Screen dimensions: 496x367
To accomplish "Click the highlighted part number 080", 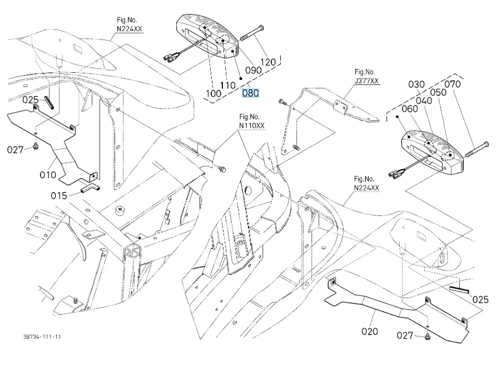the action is point(250,93).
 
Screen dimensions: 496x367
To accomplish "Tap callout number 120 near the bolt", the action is point(268,62).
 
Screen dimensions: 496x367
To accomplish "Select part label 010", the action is point(48,175).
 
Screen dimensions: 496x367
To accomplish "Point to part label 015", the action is point(59,196).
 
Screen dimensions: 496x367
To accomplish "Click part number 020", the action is point(370,331).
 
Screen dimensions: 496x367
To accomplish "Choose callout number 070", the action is point(452,84).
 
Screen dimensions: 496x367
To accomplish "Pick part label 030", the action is point(416,84).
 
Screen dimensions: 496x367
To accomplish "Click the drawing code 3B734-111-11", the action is point(42,336).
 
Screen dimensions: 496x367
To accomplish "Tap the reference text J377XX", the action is point(366,81).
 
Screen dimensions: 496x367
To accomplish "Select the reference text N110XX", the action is point(252,125).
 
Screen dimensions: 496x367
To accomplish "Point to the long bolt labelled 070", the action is point(477,149).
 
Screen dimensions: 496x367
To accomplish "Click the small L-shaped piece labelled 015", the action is point(91,188).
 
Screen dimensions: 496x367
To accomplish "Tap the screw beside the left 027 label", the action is point(36,146).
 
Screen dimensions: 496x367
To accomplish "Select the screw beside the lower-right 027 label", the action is point(428,336).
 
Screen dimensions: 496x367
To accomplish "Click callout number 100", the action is point(214,93).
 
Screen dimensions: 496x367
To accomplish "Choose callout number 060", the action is point(410,109).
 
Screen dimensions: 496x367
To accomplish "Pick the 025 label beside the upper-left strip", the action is point(31,100).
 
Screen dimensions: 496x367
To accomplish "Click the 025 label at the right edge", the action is point(480,299).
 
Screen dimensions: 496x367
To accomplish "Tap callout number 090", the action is point(254,70).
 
